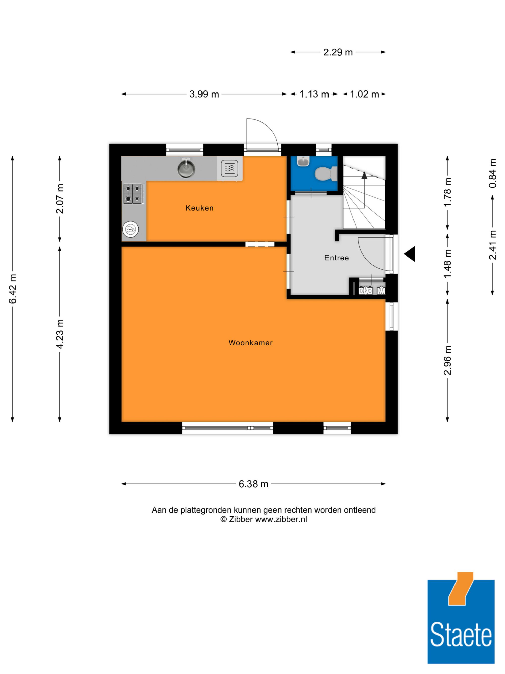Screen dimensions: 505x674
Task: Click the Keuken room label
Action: [x=199, y=208]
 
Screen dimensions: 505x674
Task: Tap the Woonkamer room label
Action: [x=250, y=343]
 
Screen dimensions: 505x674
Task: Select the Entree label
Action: [x=337, y=258]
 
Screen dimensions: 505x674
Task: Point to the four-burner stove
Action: [x=134, y=194]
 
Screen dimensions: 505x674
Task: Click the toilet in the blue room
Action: [x=326, y=174]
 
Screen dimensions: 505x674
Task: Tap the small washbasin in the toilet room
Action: [x=303, y=161]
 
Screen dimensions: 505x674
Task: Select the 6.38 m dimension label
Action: [x=254, y=484]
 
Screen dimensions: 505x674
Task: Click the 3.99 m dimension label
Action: [x=204, y=94]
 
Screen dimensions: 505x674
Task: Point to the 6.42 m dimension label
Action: [x=12, y=289]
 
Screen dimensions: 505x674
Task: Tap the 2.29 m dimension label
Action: [x=338, y=52]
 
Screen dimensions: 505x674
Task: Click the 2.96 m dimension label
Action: [x=447, y=360]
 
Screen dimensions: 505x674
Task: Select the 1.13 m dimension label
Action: [x=314, y=94]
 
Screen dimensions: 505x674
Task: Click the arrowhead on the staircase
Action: [x=364, y=175]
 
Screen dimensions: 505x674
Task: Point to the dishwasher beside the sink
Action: [x=230, y=169]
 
